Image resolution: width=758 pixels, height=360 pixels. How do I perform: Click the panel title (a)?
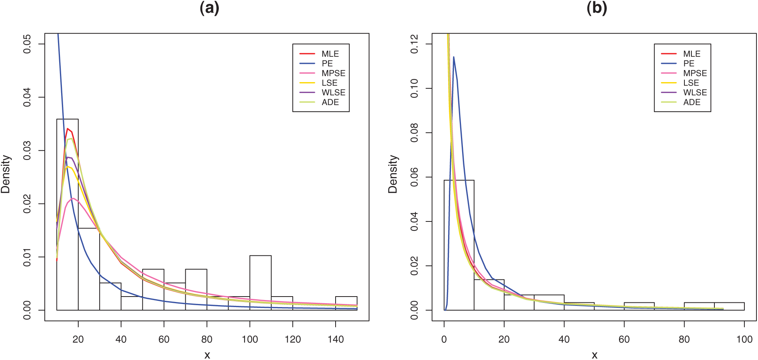(x=209, y=8)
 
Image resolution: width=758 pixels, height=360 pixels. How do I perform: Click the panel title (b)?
(x=597, y=8)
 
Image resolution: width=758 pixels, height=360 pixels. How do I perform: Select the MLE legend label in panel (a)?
(x=330, y=54)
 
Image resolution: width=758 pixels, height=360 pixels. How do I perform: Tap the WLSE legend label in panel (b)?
(x=695, y=93)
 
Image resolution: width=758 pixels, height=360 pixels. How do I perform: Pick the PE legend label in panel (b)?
(x=689, y=63)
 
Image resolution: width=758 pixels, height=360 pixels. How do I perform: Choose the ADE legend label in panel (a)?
(x=330, y=102)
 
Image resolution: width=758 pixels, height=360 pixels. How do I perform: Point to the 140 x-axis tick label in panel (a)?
(x=336, y=339)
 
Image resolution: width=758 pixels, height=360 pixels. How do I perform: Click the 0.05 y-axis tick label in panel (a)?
(x=27, y=44)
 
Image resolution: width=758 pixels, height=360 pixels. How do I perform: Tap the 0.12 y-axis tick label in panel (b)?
(x=414, y=44)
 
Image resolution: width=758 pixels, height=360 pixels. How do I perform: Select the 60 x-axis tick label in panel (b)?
(x=624, y=339)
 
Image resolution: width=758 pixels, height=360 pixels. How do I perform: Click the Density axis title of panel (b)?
(x=393, y=174)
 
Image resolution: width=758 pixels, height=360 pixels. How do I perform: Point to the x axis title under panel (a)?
(x=207, y=355)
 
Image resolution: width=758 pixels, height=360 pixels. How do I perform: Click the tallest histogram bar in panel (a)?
(x=67, y=214)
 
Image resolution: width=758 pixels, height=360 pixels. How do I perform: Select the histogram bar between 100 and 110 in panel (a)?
(x=260, y=283)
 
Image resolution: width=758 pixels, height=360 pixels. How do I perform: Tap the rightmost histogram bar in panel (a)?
(x=346, y=303)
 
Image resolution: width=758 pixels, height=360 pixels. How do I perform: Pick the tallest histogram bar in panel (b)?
(x=459, y=245)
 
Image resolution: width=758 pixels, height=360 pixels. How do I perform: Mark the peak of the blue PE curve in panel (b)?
(x=454, y=57)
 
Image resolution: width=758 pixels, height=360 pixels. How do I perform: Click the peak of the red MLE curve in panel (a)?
(x=67, y=128)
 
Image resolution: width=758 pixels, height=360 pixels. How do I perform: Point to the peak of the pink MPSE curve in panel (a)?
(x=73, y=198)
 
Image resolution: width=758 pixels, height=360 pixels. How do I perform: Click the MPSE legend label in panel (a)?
(x=333, y=73)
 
